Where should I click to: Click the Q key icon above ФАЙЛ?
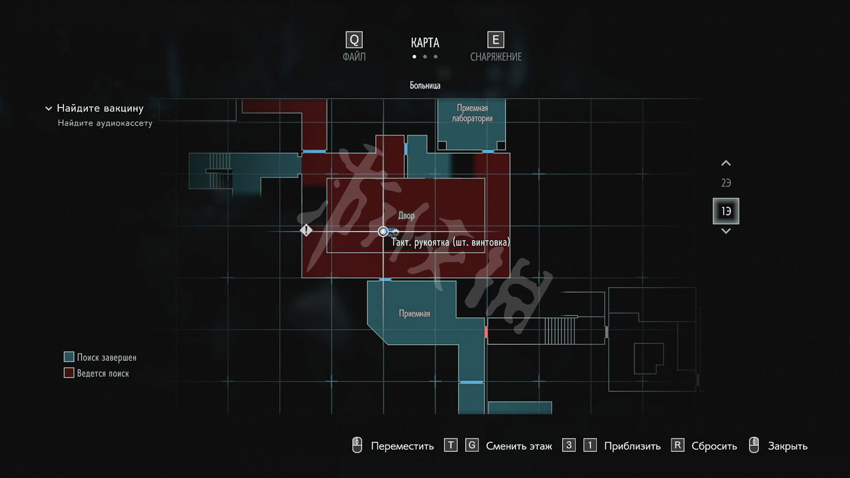coord(354,40)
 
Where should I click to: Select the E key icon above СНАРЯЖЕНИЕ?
coord(496,40)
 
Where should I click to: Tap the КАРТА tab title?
coord(425,43)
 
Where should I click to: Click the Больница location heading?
coord(425,86)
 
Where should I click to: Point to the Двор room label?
coord(406,216)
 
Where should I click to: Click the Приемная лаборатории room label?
coord(472,113)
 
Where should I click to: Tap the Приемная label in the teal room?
coord(414,314)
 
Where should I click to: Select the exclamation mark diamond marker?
coord(306,230)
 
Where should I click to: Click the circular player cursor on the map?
coord(383,232)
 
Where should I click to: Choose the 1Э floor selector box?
coord(726,211)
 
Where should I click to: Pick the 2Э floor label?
coord(726,183)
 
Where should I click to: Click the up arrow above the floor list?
coord(726,164)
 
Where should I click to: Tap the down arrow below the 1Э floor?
coord(726,231)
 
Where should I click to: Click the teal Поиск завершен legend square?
coord(69,357)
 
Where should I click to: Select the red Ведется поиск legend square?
coord(69,373)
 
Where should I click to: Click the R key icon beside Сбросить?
coord(677,445)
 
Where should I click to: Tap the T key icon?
coord(450,445)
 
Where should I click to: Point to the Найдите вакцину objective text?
coord(100,108)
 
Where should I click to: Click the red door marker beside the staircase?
coord(486,332)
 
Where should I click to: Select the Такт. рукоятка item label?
coord(450,242)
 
